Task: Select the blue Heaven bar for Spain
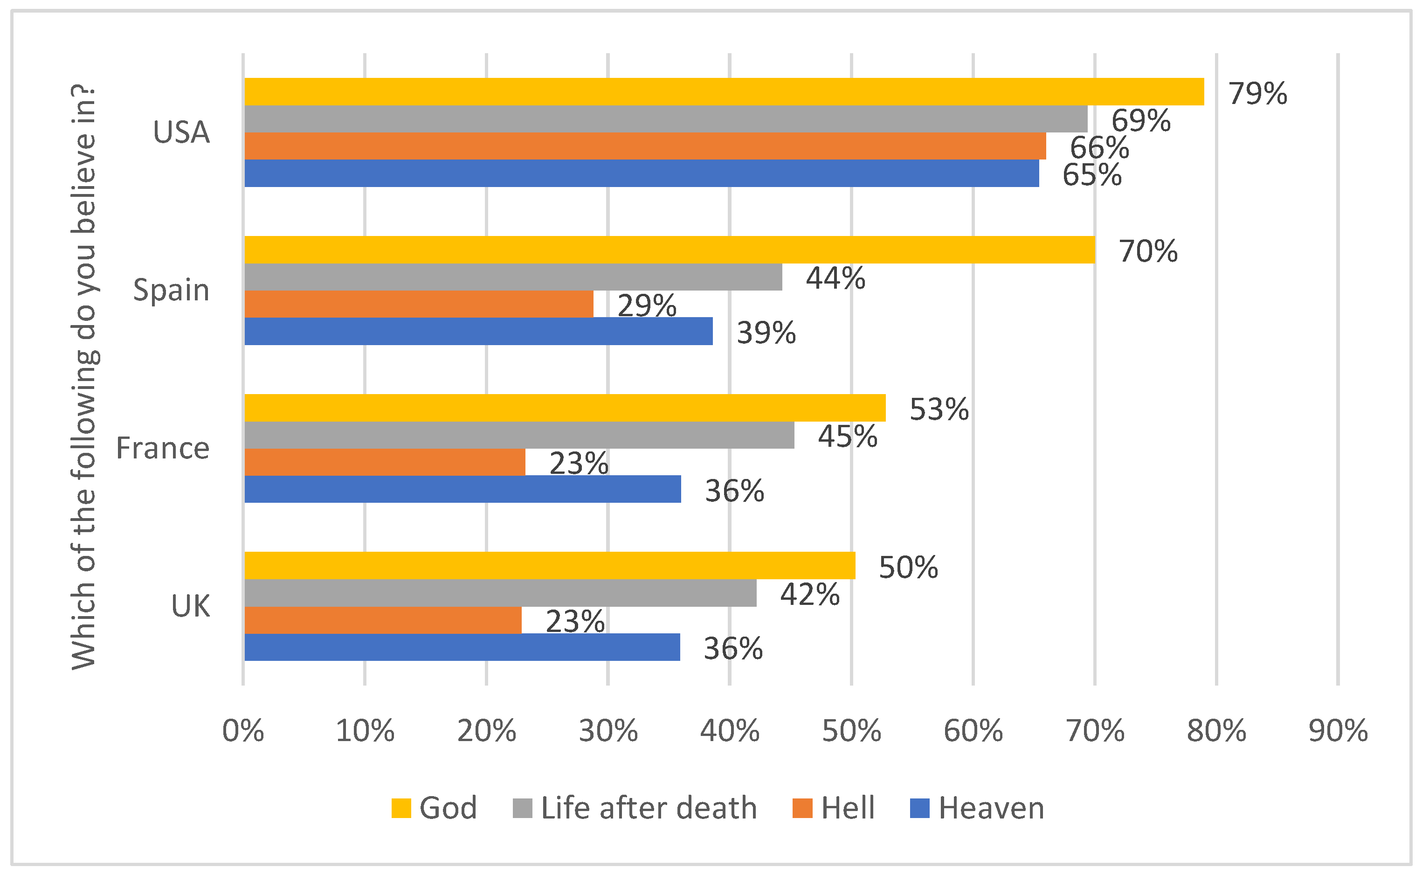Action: coord(478,331)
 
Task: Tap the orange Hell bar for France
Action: coord(385,462)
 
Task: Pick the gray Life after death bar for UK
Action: coord(500,593)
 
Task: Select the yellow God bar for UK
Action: coord(550,565)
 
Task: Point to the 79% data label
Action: coord(1257,93)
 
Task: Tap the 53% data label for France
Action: coord(939,409)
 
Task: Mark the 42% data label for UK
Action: coord(809,594)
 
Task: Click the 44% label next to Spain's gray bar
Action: coord(835,278)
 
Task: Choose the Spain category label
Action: coord(171,290)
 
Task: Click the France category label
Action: coord(163,448)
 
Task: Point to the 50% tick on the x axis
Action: coord(852,731)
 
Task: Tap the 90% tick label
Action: coord(1338,731)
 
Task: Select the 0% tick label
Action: coord(243,731)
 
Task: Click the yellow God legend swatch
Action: coord(401,808)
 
